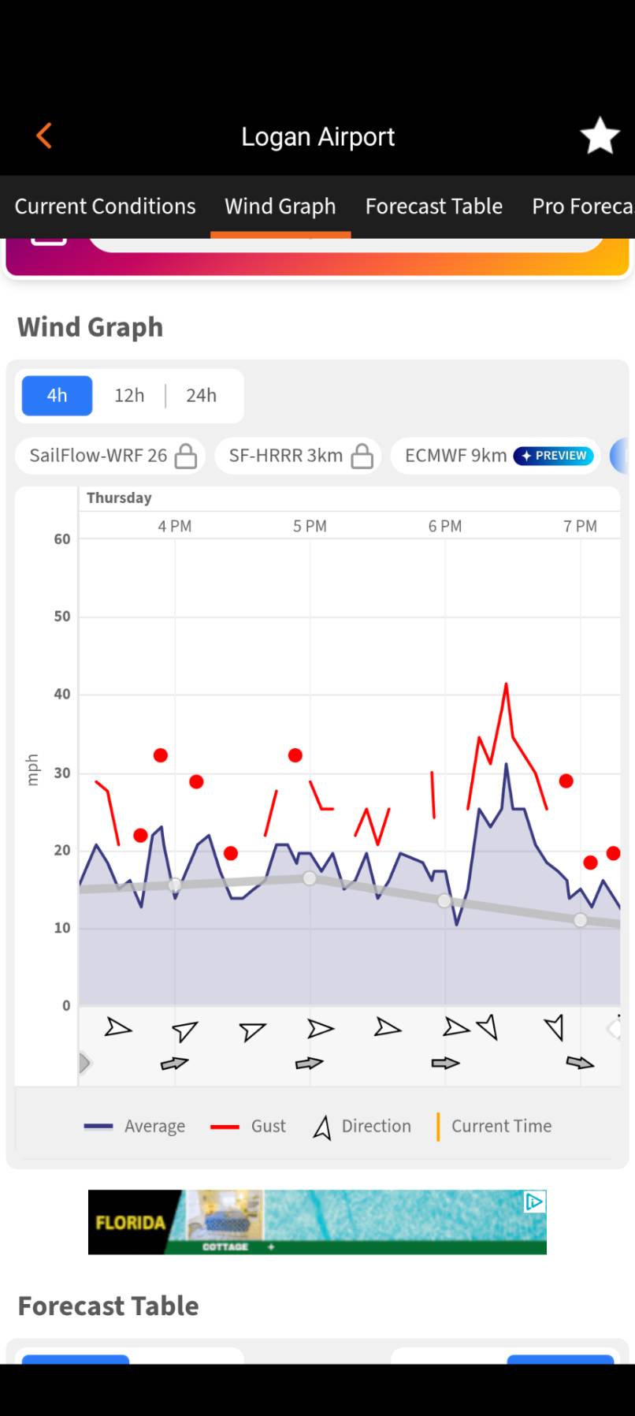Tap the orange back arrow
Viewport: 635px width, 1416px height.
(44, 136)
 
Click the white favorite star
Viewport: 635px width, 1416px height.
(600, 136)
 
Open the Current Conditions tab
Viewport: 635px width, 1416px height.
(105, 207)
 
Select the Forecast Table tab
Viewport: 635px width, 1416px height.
(433, 207)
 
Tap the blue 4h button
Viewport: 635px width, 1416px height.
(57, 395)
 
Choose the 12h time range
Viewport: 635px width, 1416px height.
(129, 395)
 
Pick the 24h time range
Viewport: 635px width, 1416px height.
(201, 395)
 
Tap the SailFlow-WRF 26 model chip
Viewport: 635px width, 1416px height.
(111, 456)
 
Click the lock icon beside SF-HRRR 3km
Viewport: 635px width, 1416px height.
(362, 456)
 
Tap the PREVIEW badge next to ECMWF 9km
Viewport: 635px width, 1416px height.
(553, 456)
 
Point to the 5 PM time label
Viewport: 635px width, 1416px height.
(310, 526)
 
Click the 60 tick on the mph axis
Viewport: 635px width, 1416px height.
(62, 539)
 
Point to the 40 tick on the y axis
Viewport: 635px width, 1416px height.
(62, 695)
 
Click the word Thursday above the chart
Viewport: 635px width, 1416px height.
(119, 497)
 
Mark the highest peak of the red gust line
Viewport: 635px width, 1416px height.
(506, 684)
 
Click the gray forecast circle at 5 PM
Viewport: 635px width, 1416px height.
(310, 878)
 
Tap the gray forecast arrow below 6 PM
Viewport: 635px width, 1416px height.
(445, 1063)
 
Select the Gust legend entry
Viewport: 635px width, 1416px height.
(248, 1126)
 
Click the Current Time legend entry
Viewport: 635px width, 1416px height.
(494, 1126)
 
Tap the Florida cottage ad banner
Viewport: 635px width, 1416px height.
(317, 1222)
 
